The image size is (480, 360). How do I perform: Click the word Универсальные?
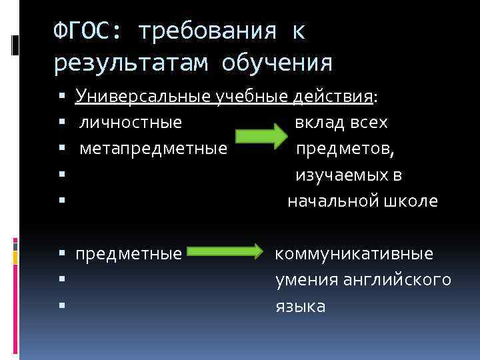point(144,97)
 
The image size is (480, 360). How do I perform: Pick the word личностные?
point(131,123)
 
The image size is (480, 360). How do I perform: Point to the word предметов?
point(345,149)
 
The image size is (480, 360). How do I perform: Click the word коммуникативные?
point(354,254)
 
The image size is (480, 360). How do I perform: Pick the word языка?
point(301,307)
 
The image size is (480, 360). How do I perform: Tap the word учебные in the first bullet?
point(253,97)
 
